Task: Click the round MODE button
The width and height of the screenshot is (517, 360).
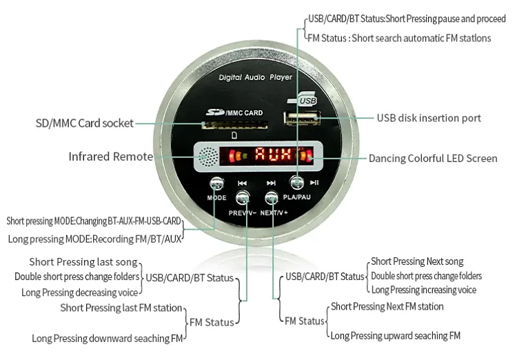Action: [216, 183]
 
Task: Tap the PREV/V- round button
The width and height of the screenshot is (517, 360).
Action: [242, 199]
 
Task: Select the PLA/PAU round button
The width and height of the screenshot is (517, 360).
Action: [297, 183]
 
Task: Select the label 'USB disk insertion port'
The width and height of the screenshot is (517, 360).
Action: [429, 118]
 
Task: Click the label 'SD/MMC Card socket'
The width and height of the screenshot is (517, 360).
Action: [84, 124]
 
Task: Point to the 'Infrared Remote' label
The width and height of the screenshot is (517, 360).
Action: [110, 157]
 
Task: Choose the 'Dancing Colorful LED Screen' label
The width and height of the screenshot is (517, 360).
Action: [433, 158]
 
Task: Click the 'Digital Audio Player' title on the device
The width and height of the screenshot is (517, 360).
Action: [255, 78]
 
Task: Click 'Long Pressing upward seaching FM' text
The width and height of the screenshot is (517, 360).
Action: [395, 336]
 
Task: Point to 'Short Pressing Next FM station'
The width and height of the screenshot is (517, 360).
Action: [387, 306]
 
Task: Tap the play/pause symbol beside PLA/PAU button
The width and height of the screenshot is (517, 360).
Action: [314, 183]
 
